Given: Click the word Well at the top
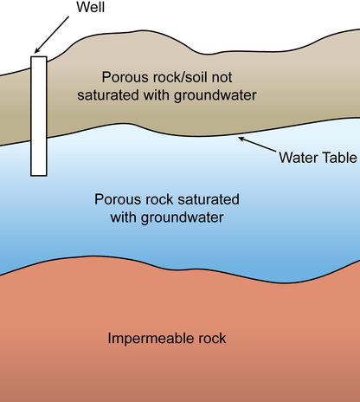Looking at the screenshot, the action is pos(90,7).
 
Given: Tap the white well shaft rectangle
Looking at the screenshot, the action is pos(39,116).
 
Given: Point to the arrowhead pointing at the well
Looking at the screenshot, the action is pos(37,50).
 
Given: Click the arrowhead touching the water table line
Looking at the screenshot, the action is pos(241,139).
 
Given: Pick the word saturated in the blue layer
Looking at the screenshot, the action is pos(209,199).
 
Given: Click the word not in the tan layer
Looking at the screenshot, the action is pos(222,77).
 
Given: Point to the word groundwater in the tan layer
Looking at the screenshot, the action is pos(215,96).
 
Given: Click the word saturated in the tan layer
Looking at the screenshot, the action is pos(108,95).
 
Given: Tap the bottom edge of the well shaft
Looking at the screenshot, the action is pos(39,175).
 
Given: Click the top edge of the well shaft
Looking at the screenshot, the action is pos(39,57).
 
